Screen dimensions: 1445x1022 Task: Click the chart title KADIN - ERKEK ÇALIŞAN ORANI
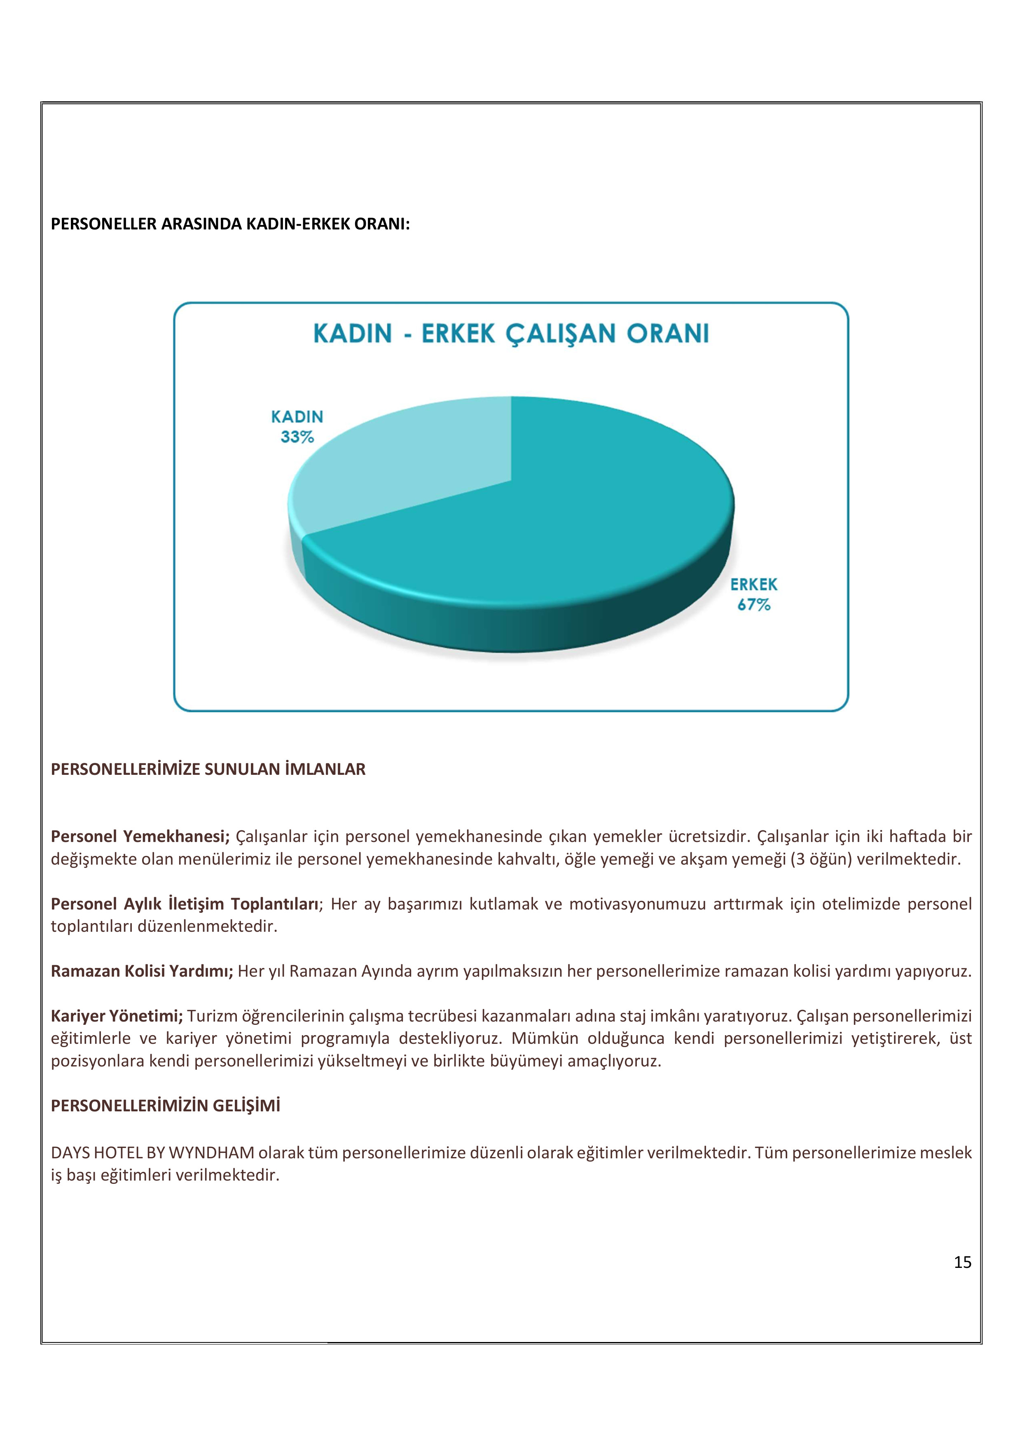pos(510,334)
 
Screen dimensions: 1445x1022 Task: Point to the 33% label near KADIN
pos(297,437)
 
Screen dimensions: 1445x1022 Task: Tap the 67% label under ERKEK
pos(754,605)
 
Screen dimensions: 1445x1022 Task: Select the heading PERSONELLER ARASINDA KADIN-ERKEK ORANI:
pos(230,224)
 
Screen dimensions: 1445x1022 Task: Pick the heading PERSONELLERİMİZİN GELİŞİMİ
pos(166,1106)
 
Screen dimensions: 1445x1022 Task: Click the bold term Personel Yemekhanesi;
pos(140,837)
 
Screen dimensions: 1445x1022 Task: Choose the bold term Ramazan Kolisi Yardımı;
pos(142,971)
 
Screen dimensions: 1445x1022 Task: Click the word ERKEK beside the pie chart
pos(754,585)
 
